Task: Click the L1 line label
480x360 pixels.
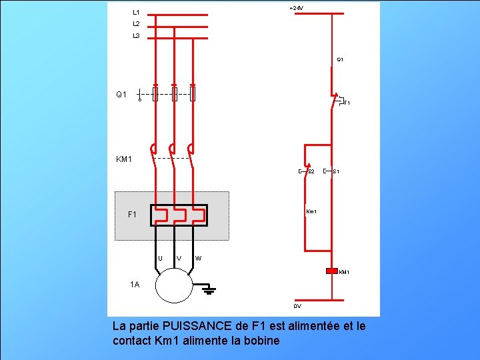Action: point(136,12)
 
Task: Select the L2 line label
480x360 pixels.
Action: point(136,23)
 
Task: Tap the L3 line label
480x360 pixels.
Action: point(136,35)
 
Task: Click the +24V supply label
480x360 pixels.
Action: point(296,8)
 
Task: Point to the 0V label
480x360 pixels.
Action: point(297,306)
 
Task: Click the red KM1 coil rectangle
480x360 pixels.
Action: point(332,271)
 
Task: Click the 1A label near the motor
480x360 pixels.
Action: point(135,285)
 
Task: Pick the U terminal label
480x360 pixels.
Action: point(160,258)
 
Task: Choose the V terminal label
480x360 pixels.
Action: point(179,258)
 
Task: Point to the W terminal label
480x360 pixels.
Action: point(199,258)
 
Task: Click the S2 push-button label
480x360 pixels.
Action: point(311,172)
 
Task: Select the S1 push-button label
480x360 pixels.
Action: point(337,172)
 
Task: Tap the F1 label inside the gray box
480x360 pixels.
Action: point(132,215)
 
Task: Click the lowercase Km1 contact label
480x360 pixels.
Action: point(311,212)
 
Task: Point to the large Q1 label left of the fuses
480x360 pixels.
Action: point(121,95)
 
